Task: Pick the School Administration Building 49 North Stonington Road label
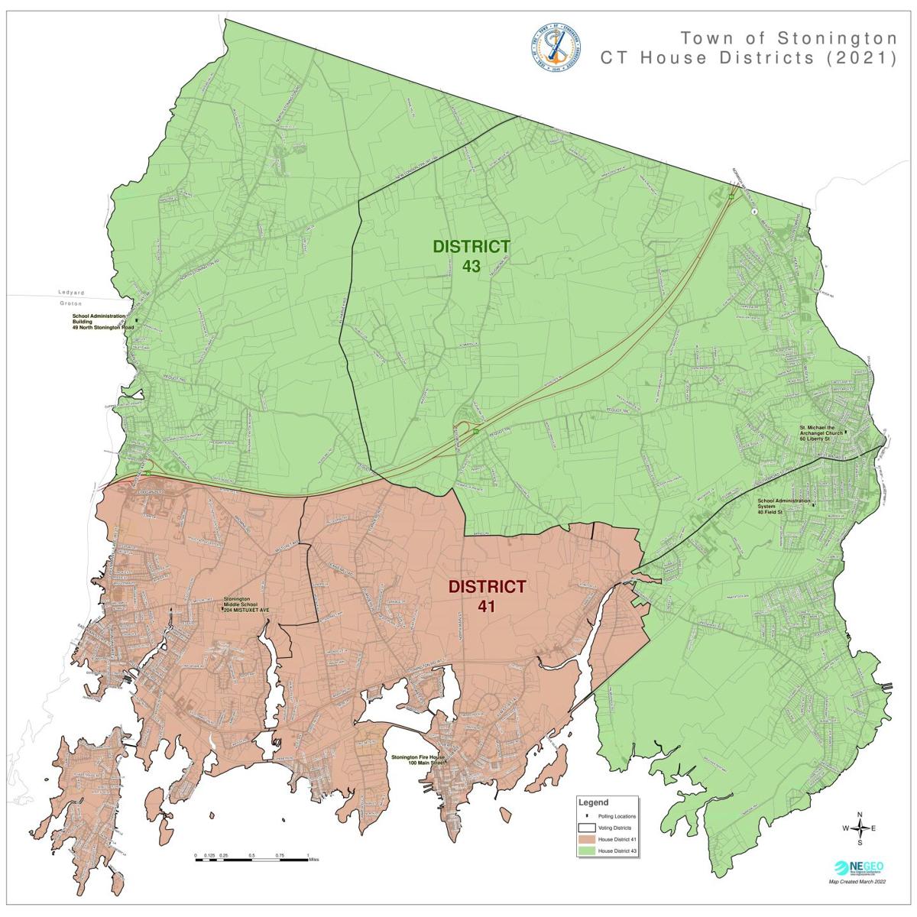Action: [102, 322]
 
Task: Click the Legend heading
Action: [594, 803]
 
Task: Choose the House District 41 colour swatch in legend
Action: [586, 839]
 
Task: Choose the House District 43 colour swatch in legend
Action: [586, 851]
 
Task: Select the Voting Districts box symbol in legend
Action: [586, 828]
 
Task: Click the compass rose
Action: [860, 828]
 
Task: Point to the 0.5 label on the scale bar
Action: [251, 855]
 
